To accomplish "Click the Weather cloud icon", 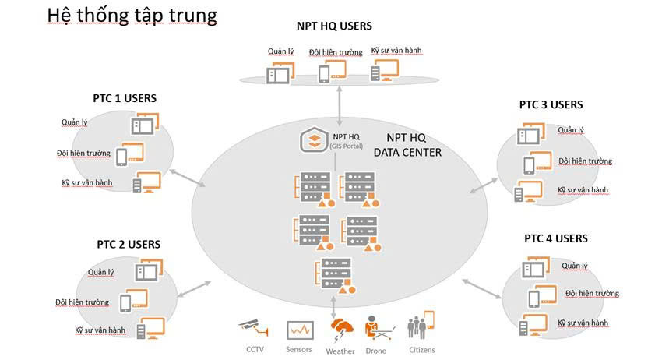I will click(x=341, y=328).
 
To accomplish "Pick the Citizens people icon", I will click(x=421, y=326).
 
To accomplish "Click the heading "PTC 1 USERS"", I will click(x=125, y=98).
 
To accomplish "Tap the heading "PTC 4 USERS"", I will click(x=555, y=238).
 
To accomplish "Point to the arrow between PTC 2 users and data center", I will click(x=195, y=287).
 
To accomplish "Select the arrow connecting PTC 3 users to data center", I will click(x=484, y=183).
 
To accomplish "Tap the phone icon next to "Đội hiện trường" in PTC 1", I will click(x=121, y=157).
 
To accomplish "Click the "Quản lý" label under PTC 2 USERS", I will click(x=100, y=272).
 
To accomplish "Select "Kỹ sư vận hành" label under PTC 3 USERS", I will click(x=583, y=190).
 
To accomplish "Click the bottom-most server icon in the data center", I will click(x=336, y=274).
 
